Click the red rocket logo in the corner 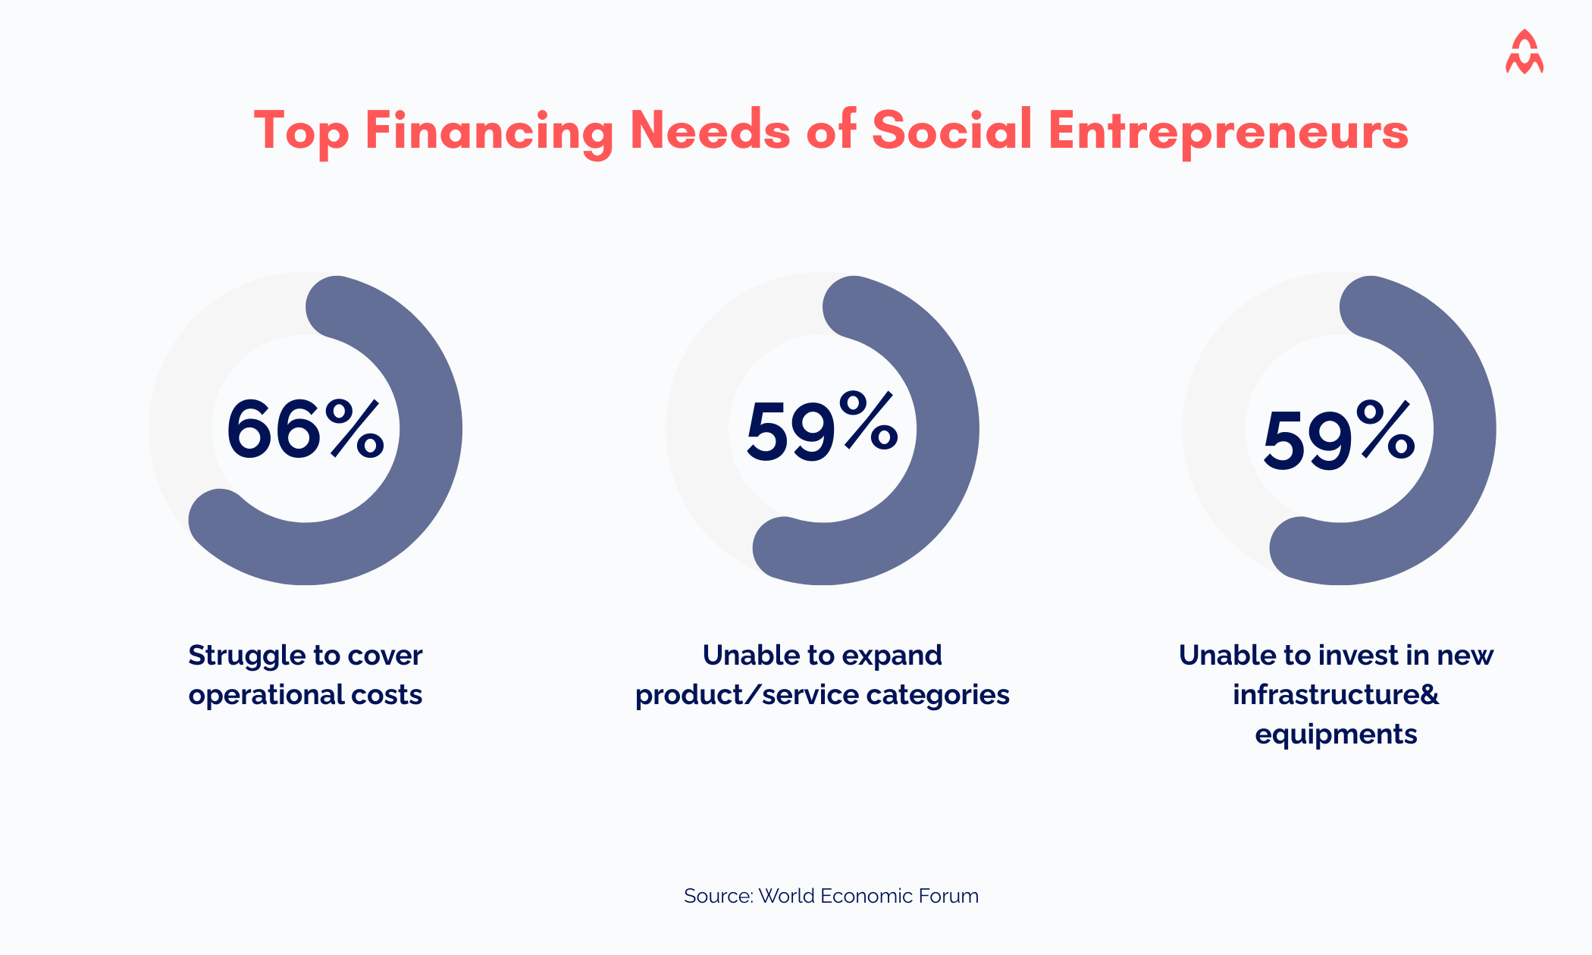(1524, 53)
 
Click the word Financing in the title (488, 130)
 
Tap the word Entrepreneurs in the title (1228, 130)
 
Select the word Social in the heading (951, 130)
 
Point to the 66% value (305, 429)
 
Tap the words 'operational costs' (305, 695)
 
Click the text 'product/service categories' (822, 695)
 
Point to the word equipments (1336, 734)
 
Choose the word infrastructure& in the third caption (1336, 695)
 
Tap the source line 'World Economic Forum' (868, 896)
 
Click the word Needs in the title (710, 130)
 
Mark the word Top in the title (301, 130)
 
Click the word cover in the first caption (384, 656)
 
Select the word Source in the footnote (717, 896)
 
